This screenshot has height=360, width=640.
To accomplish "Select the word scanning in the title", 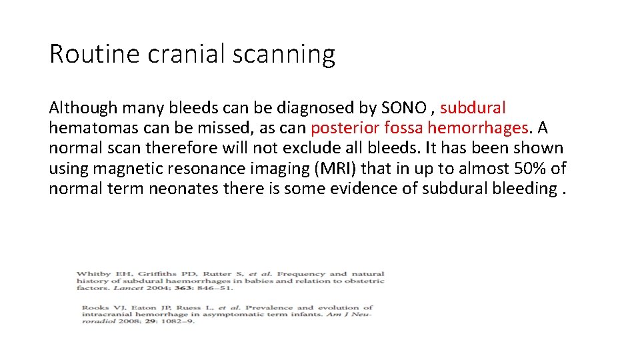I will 283,54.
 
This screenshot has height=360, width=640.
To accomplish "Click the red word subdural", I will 473,107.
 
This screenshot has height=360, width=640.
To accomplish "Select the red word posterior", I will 345,127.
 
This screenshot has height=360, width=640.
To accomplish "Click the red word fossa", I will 405,127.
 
